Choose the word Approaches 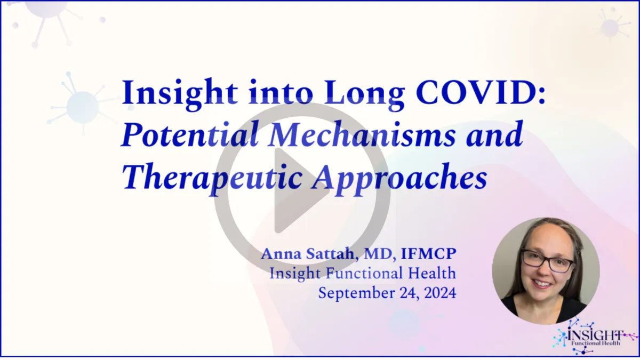pos(399,179)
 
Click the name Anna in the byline pos(281,254)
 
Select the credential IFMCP pos(429,254)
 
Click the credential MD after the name pos(379,254)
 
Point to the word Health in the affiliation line pos(431,273)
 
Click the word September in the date pos(367,293)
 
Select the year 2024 pos(441,293)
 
